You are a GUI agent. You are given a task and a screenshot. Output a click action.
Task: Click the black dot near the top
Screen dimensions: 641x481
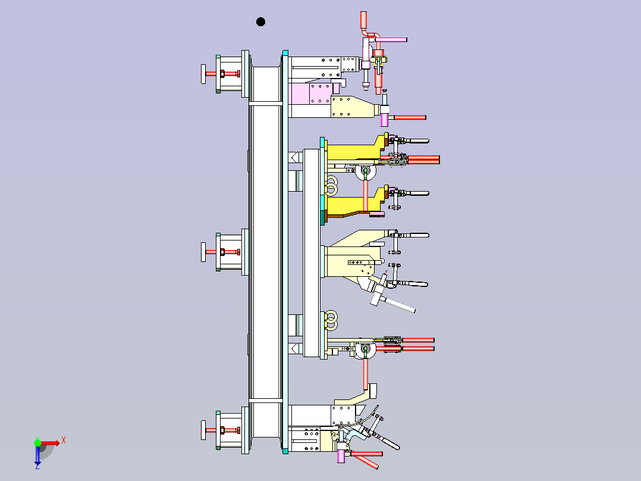260,21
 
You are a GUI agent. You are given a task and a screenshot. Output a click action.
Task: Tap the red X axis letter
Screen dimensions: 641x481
64,441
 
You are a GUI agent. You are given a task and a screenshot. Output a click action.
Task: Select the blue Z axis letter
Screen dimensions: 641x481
37,466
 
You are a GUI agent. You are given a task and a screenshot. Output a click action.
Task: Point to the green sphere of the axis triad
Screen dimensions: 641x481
37,442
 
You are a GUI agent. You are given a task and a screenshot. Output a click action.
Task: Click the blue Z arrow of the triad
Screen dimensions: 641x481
37,454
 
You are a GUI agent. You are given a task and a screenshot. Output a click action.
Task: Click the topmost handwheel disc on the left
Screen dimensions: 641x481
203,74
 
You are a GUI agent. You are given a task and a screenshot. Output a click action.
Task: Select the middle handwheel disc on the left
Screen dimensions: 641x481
203,252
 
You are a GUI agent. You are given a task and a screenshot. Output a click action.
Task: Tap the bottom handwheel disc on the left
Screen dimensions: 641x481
203,430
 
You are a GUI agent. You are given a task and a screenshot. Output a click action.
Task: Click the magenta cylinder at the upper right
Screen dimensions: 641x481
384,120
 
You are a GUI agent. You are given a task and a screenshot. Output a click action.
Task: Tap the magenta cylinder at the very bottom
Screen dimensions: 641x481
341,455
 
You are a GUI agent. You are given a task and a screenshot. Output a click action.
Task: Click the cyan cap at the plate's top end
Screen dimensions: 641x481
285,53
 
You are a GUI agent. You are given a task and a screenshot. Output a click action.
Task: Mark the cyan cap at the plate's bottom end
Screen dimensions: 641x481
285,451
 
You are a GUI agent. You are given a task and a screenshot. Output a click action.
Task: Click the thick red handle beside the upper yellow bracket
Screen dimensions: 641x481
423,160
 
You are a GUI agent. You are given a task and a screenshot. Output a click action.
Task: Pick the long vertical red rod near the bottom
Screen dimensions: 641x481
366,373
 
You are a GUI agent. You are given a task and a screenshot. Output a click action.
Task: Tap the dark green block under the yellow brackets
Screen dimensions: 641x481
323,217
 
